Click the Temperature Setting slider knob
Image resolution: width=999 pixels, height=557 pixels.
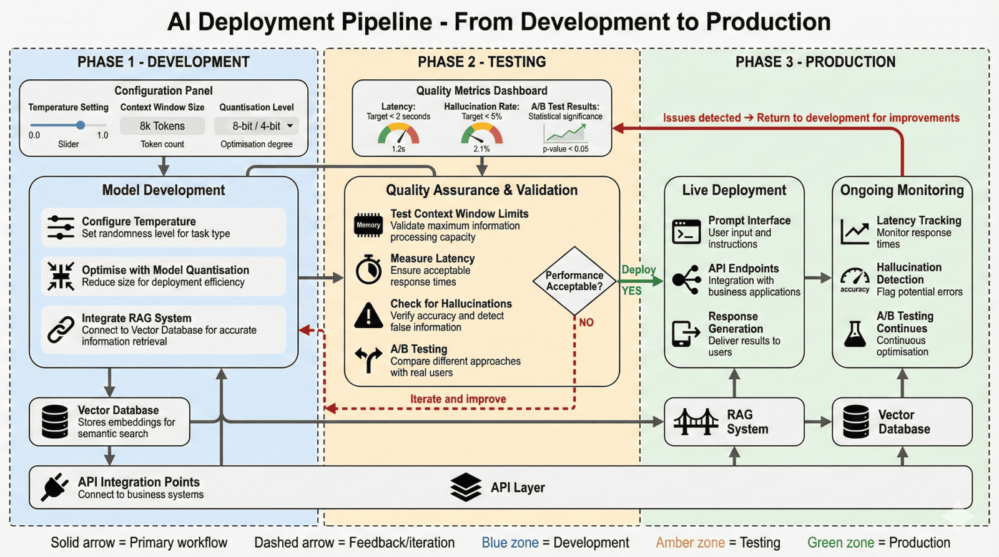coord(81,125)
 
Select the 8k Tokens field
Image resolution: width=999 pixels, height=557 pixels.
coord(162,126)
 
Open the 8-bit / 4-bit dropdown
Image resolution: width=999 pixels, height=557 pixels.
coord(257,126)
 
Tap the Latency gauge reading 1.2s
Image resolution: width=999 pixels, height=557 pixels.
coord(398,135)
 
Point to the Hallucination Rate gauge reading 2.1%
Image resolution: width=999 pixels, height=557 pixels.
coord(481,135)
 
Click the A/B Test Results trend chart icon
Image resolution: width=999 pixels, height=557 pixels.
coord(565,133)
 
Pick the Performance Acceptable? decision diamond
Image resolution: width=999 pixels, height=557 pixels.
coord(574,281)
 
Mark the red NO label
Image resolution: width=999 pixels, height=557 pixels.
coord(586,322)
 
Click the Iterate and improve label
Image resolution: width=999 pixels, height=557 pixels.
coord(458,399)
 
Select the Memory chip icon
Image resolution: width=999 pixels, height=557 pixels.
coord(368,225)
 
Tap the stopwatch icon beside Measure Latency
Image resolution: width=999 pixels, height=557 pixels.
coord(368,269)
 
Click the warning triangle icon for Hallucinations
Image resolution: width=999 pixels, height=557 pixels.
coord(368,316)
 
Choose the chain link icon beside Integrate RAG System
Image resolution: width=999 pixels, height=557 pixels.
coord(61,330)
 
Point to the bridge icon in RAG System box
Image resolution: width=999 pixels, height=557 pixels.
coord(696,422)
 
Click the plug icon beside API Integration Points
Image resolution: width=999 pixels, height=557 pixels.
coord(55,487)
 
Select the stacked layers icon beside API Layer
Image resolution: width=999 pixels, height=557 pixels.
coord(466,487)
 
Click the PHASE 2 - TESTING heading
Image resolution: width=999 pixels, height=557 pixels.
coord(481,62)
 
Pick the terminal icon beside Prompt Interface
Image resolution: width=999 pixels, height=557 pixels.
coord(686,232)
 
